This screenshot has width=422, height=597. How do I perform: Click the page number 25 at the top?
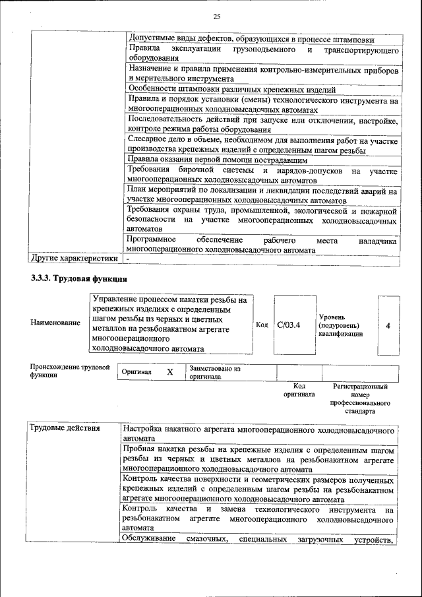coord(216,16)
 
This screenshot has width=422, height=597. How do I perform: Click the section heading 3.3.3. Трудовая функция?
coord(78,278)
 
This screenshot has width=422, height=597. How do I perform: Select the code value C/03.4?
coord(289,325)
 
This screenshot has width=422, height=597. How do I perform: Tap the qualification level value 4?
coord(388,326)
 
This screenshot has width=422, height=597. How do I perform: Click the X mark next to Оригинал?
coord(169,372)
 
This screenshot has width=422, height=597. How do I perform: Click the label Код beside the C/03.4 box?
coord(261,325)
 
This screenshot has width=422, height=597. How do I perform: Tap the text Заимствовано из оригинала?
coord(214,373)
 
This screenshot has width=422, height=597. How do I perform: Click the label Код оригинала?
coord(299,391)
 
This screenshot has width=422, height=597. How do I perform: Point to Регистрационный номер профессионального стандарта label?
coord(360,398)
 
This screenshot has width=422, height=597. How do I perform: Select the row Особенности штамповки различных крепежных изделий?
coord(232,90)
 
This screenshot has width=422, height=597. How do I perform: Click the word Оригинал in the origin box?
coord(136,372)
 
